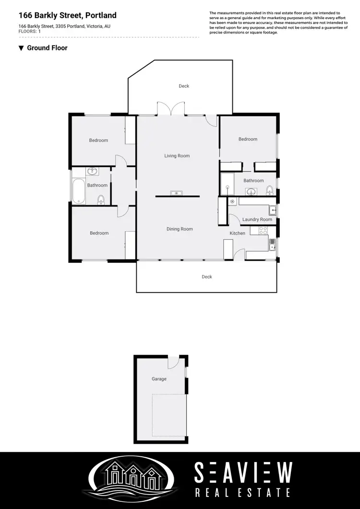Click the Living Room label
coord(177,156)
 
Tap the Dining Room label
coord(180,229)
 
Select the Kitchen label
coord(238,234)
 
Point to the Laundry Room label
coord(257,220)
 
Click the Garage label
coord(159,379)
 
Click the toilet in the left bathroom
coord(101,199)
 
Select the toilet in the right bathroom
coord(269,191)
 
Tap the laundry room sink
coord(272,210)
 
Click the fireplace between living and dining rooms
coord(177,193)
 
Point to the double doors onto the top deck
coord(171,109)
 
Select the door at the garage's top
coord(173,361)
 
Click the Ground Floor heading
coord(47,48)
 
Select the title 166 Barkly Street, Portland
coord(67,16)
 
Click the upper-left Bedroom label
coord(98,141)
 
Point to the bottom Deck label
coord(207,277)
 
